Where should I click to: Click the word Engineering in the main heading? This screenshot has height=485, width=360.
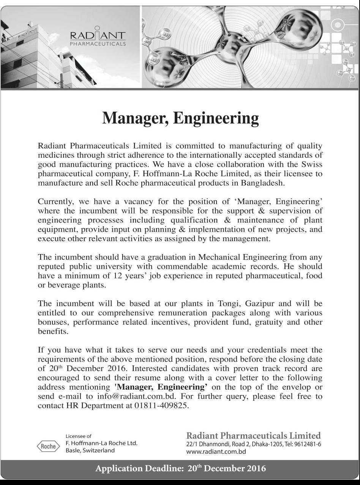(216, 119)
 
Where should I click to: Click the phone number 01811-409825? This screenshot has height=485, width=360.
(161, 405)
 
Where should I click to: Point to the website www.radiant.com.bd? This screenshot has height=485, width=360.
(216, 452)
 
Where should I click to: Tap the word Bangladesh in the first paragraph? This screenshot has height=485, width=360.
(262, 183)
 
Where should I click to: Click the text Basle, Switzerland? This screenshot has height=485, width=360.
(90, 450)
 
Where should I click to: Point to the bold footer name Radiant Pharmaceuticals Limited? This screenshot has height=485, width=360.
(253, 436)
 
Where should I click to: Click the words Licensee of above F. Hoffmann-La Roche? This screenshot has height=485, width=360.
(79, 436)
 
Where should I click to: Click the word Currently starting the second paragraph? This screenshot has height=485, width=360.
(55, 202)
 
